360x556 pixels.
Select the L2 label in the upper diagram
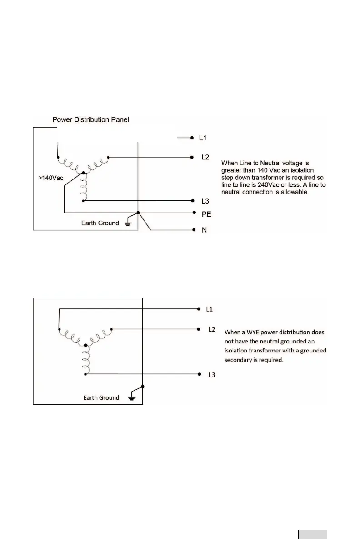coord(205,157)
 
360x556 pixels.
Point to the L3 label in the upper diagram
coord(205,201)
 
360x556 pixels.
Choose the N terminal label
coord(204,230)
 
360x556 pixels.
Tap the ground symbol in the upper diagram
coord(128,224)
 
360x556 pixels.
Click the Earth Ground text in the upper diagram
coord(100,223)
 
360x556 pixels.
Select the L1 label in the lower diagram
coord(210,309)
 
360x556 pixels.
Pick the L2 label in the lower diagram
coord(211,329)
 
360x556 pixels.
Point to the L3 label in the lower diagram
coord(211,375)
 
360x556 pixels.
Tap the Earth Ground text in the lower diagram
coord(101,398)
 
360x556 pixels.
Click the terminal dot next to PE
coord(193,213)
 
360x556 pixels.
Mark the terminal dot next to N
coord(193,230)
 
